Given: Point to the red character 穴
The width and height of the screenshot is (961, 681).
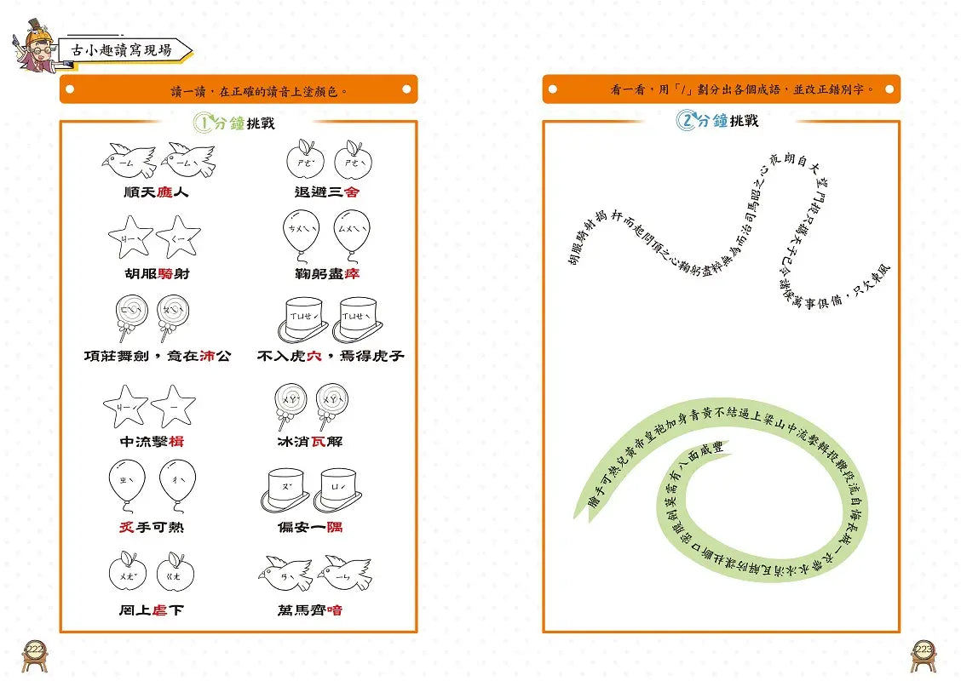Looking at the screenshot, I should pyautogui.click(x=314, y=356).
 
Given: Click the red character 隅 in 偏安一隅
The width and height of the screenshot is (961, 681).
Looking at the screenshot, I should pyautogui.click(x=334, y=528).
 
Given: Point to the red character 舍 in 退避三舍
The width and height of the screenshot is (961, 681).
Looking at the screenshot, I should pyautogui.click(x=352, y=192).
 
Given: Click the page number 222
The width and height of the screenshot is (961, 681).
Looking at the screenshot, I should pyautogui.click(x=34, y=650).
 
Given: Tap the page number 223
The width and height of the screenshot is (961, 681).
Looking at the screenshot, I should pyautogui.click(x=924, y=650).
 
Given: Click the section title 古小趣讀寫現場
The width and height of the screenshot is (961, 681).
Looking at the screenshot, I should pyautogui.click(x=123, y=50).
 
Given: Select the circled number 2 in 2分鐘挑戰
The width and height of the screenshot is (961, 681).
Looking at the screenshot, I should pyautogui.click(x=687, y=122).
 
